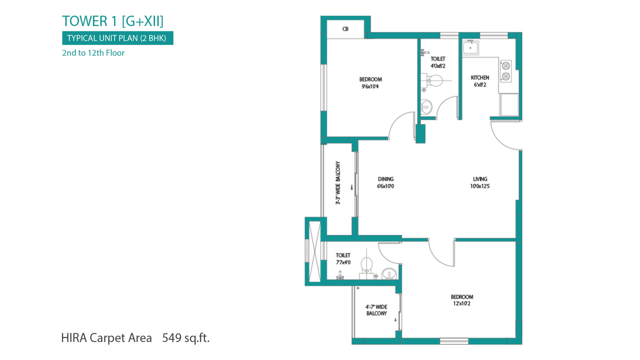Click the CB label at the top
click(x=345, y=29)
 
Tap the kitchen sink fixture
click(x=471, y=47)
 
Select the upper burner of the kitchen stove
click(x=506, y=66)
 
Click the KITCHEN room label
click(x=480, y=78)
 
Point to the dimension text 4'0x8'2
click(x=438, y=66)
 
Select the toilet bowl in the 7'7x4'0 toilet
click(x=366, y=265)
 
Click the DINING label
click(x=386, y=179)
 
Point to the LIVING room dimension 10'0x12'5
click(x=480, y=186)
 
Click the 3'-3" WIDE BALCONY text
click(x=338, y=183)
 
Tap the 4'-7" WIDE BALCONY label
click(x=377, y=310)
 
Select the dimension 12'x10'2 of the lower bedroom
click(x=462, y=304)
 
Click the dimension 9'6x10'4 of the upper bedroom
click(x=370, y=87)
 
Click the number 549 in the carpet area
click(x=172, y=338)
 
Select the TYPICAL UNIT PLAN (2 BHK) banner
click(x=118, y=38)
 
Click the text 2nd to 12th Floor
click(x=93, y=53)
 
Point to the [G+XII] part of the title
click(x=143, y=21)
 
